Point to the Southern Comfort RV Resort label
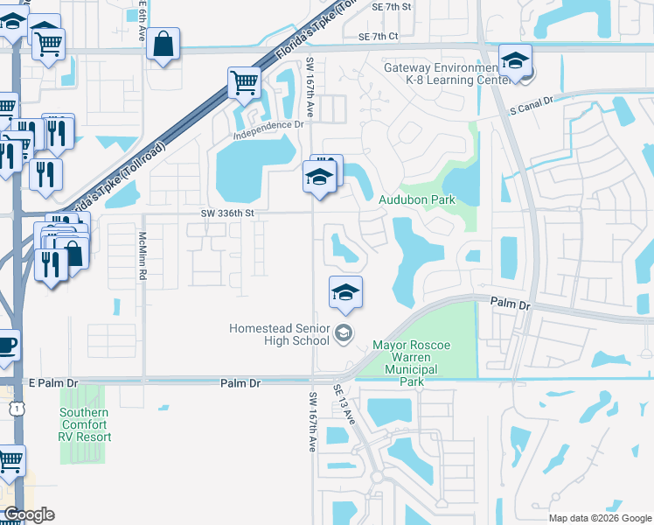pos(85,424)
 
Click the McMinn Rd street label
pos(143,255)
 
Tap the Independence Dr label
pos(268,124)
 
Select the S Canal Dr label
pos(532,101)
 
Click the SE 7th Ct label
pos(378,36)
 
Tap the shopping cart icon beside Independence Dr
pos(244,83)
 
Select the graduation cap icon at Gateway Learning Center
pos(516,61)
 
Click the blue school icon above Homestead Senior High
pos(346,292)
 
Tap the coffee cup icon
pos(6,345)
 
